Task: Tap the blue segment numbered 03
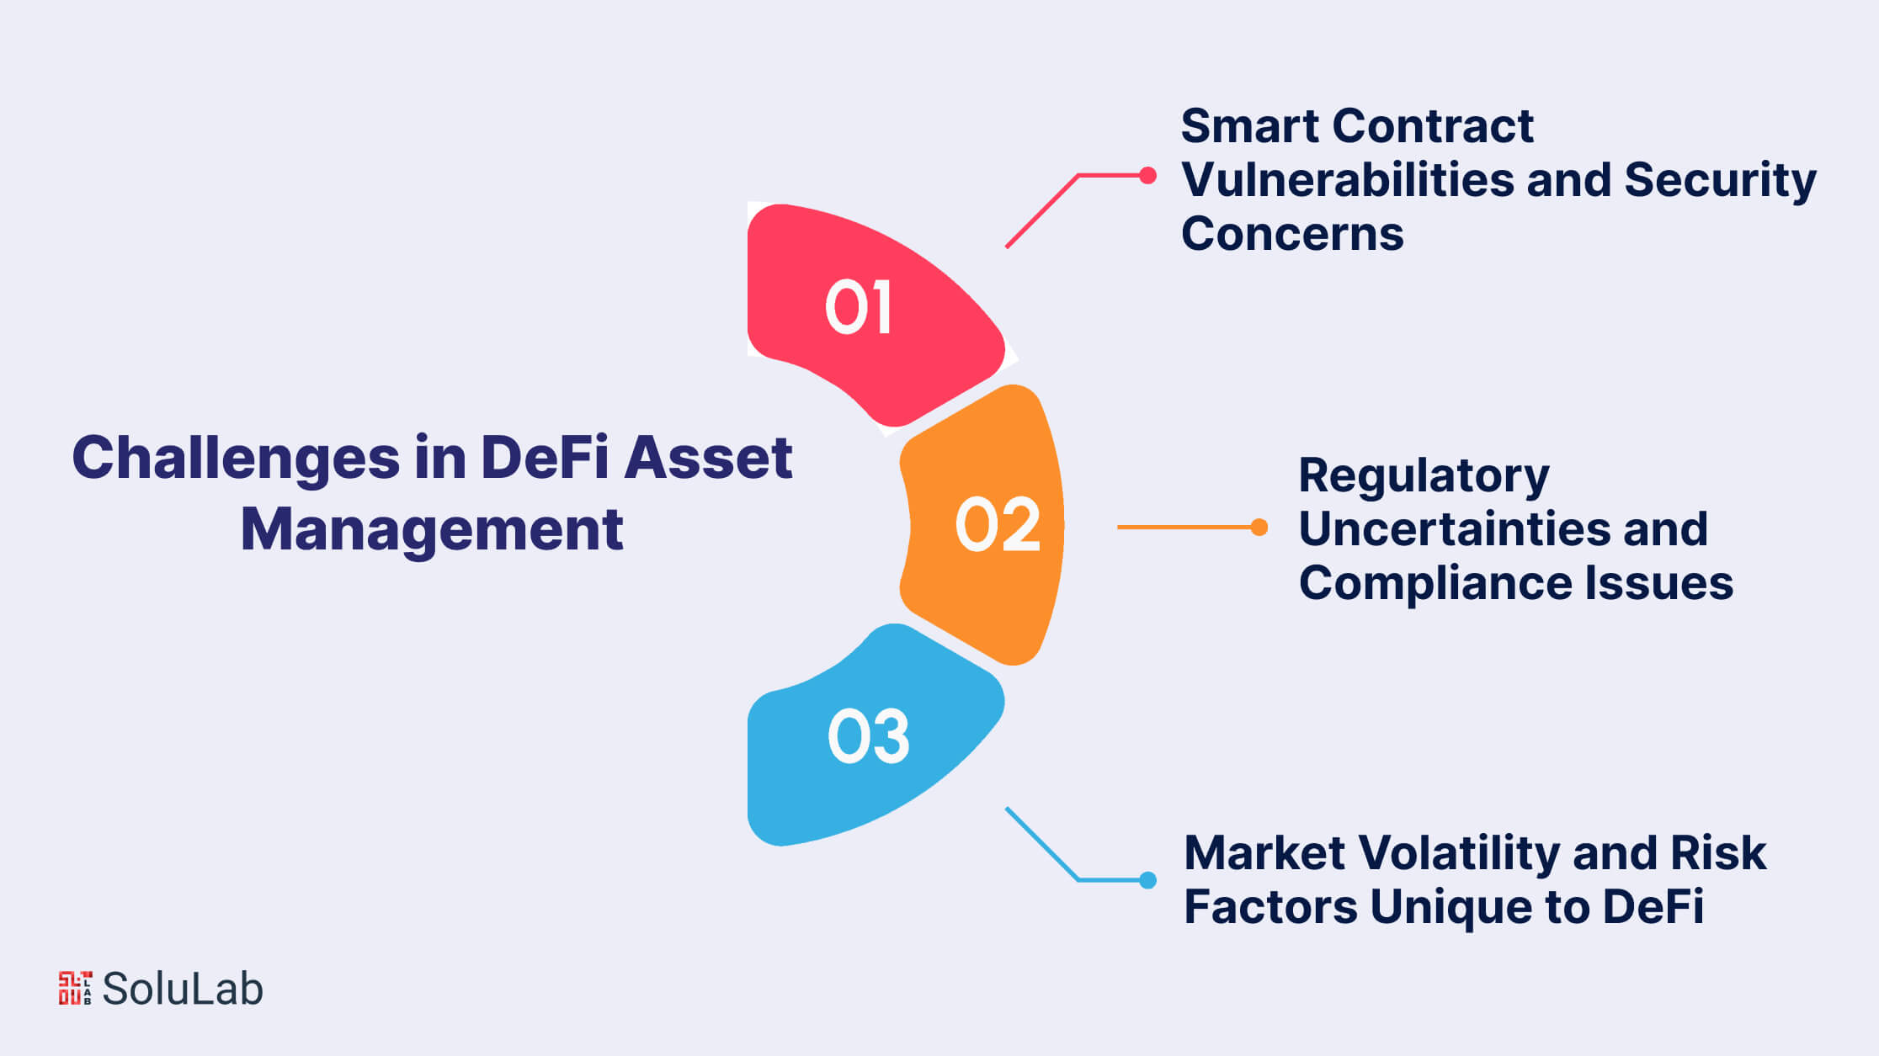pyautogui.click(x=867, y=737)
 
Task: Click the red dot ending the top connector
pyautogui.click(x=1147, y=175)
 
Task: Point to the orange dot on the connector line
pyautogui.click(x=1259, y=527)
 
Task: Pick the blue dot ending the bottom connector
pyautogui.click(x=1147, y=880)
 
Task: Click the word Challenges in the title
pyautogui.click(x=236, y=459)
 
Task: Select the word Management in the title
pyautogui.click(x=431, y=529)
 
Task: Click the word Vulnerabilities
pyautogui.click(x=1347, y=180)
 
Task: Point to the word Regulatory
pyautogui.click(x=1424, y=476)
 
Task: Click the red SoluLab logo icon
pyautogui.click(x=75, y=988)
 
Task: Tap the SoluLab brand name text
pyautogui.click(x=183, y=989)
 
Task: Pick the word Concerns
pyautogui.click(x=1292, y=233)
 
